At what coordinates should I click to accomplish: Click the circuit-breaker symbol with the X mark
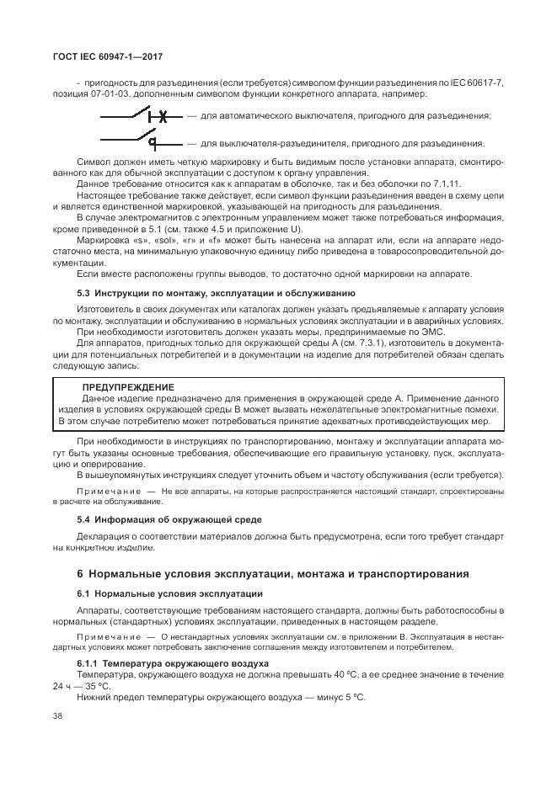coord(138,116)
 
